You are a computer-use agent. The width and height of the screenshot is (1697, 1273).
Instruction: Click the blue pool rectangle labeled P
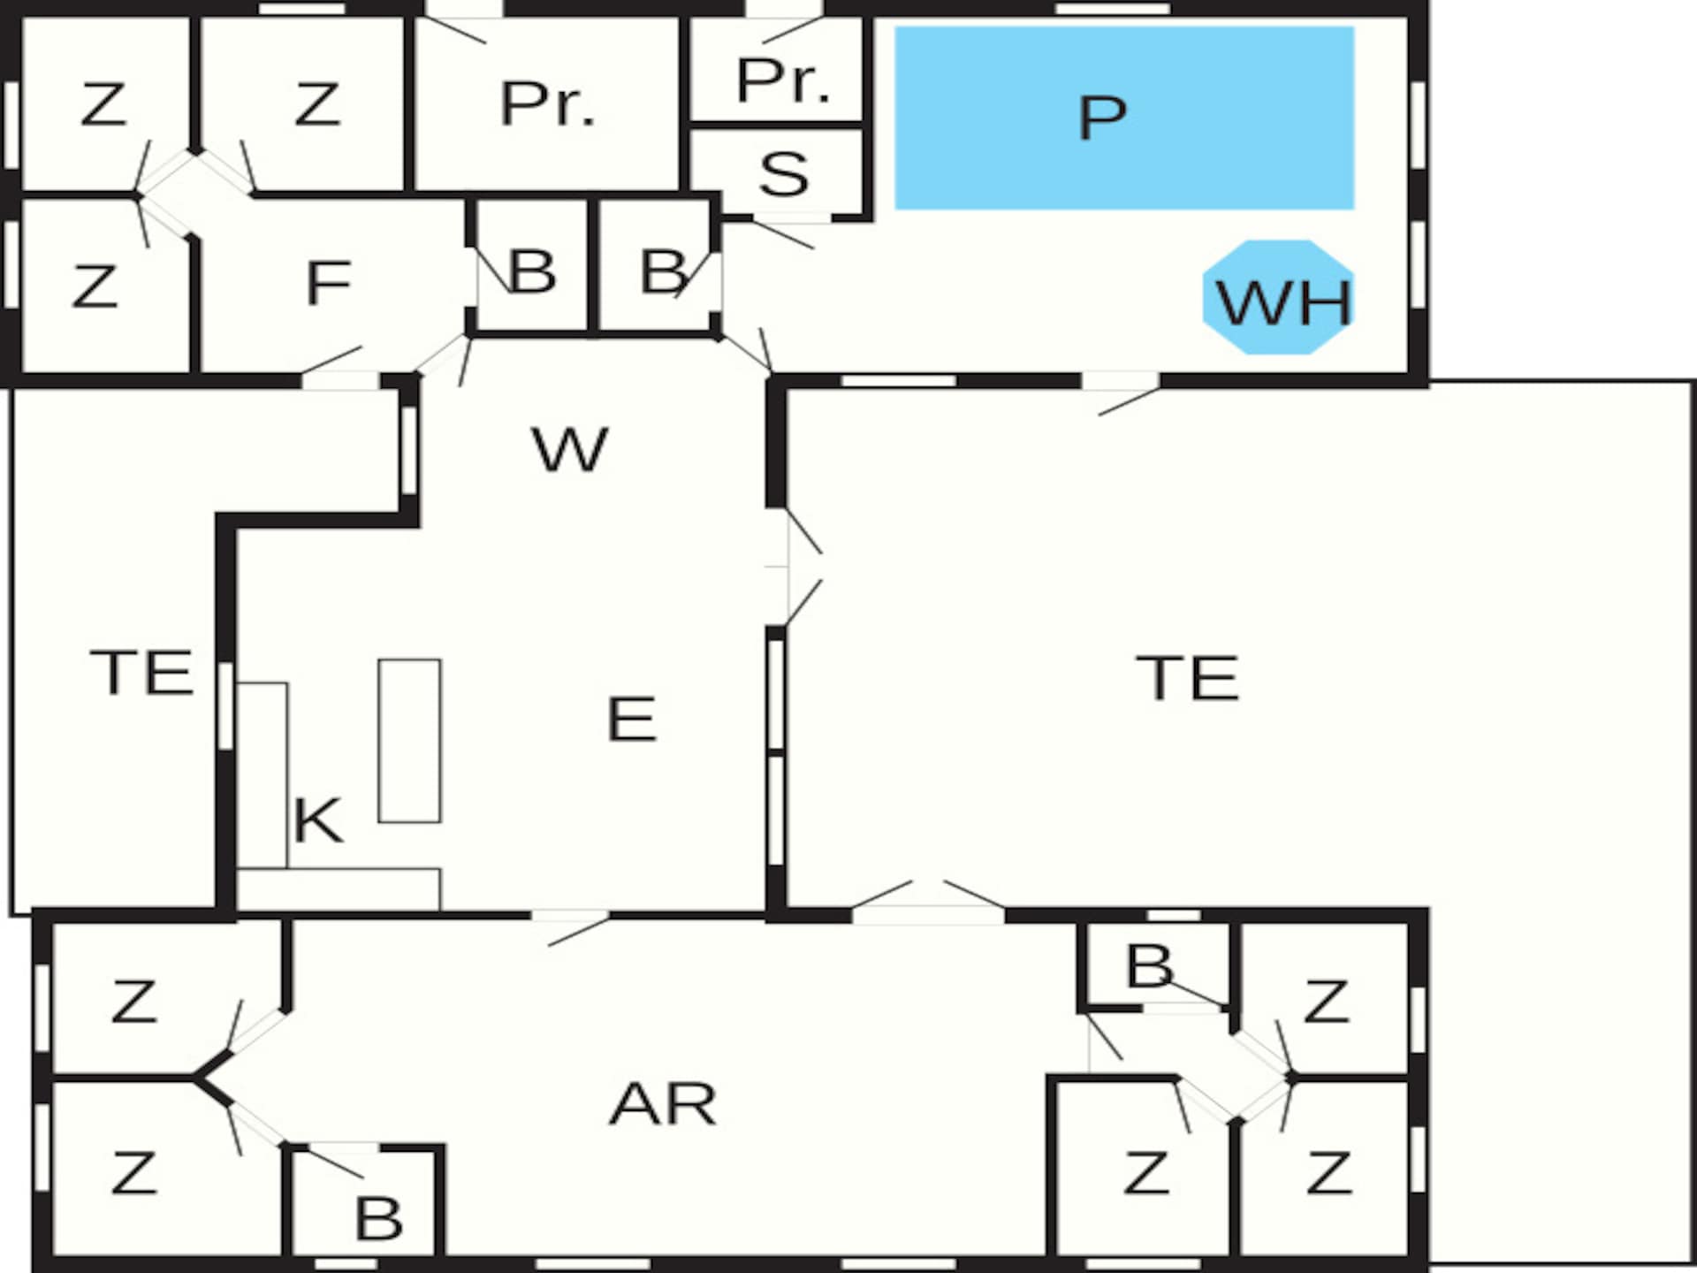[x=1124, y=118]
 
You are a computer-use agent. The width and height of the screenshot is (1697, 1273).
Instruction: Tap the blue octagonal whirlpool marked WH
[x=1279, y=297]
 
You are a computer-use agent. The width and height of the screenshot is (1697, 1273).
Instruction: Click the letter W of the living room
[x=570, y=449]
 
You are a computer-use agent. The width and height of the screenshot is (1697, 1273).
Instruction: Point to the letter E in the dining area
[x=631, y=718]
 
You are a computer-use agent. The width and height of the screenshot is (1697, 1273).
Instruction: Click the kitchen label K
[x=316, y=820]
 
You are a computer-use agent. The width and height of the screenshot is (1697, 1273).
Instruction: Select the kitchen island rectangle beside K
[x=410, y=741]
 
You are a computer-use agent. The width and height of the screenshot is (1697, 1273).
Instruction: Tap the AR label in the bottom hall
[x=663, y=1103]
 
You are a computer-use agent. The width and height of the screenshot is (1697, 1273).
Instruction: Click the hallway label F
[x=329, y=283]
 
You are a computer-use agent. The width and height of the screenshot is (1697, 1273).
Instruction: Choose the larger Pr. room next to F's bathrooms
[x=546, y=103]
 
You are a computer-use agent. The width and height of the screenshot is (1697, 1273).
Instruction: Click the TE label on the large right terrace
[x=1187, y=678]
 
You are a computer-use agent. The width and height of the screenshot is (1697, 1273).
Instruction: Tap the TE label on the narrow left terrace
[x=141, y=672]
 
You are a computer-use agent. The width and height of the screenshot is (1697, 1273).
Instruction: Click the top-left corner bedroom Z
[x=104, y=103]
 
